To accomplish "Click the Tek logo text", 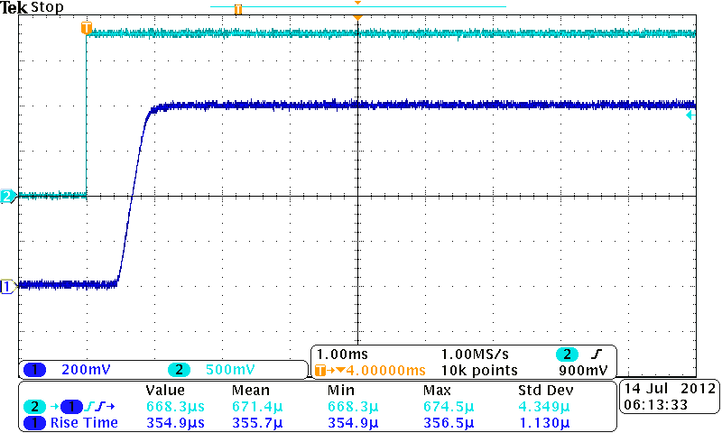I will (x=14, y=8).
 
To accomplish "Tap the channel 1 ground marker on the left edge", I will (x=7, y=286).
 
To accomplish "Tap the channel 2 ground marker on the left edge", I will (x=7, y=196).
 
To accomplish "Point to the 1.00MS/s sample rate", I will (x=474, y=355).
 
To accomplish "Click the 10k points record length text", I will (x=480, y=370).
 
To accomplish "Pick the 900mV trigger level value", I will (x=582, y=370).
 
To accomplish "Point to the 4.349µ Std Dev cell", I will (x=544, y=406).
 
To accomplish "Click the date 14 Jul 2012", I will (x=669, y=389).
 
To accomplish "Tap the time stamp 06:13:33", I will (x=652, y=405).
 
